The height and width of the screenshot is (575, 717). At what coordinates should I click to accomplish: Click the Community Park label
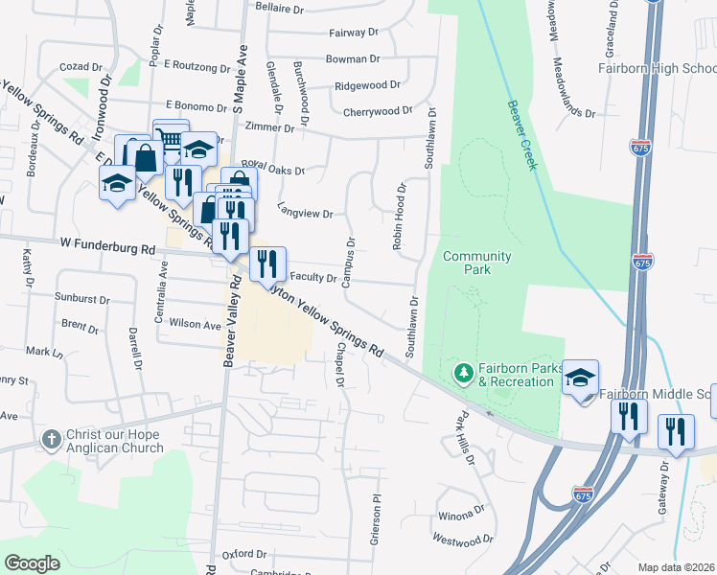point(476,263)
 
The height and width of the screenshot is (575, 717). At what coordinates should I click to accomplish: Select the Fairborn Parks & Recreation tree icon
point(463,371)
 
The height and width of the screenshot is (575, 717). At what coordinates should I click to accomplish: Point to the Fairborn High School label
point(657,68)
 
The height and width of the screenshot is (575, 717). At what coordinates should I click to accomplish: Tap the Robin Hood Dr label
point(400,218)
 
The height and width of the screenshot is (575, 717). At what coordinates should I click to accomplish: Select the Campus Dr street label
point(349,262)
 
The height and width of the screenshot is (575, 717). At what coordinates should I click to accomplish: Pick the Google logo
point(33,563)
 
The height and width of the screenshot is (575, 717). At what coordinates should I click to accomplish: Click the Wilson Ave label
point(195,325)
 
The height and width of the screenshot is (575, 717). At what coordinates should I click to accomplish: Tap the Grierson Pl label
point(376,519)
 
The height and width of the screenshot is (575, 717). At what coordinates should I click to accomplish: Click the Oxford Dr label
point(243,554)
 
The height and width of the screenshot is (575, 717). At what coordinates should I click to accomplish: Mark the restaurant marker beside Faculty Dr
point(267,264)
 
